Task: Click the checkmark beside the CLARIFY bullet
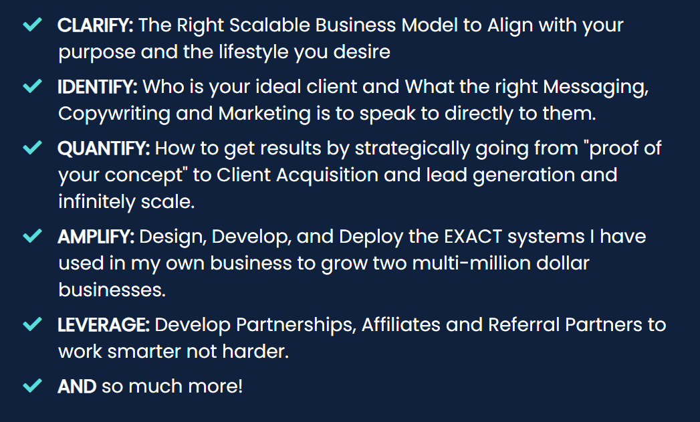click(x=33, y=24)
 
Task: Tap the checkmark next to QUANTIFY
click(x=33, y=147)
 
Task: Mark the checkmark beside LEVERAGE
click(x=33, y=324)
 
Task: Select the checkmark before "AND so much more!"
click(x=33, y=385)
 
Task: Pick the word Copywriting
click(x=114, y=114)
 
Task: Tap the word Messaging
click(x=596, y=88)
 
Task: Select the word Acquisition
click(x=327, y=175)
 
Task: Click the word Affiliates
click(x=401, y=325)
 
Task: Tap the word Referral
click(x=523, y=325)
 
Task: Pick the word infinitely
click(x=97, y=202)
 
